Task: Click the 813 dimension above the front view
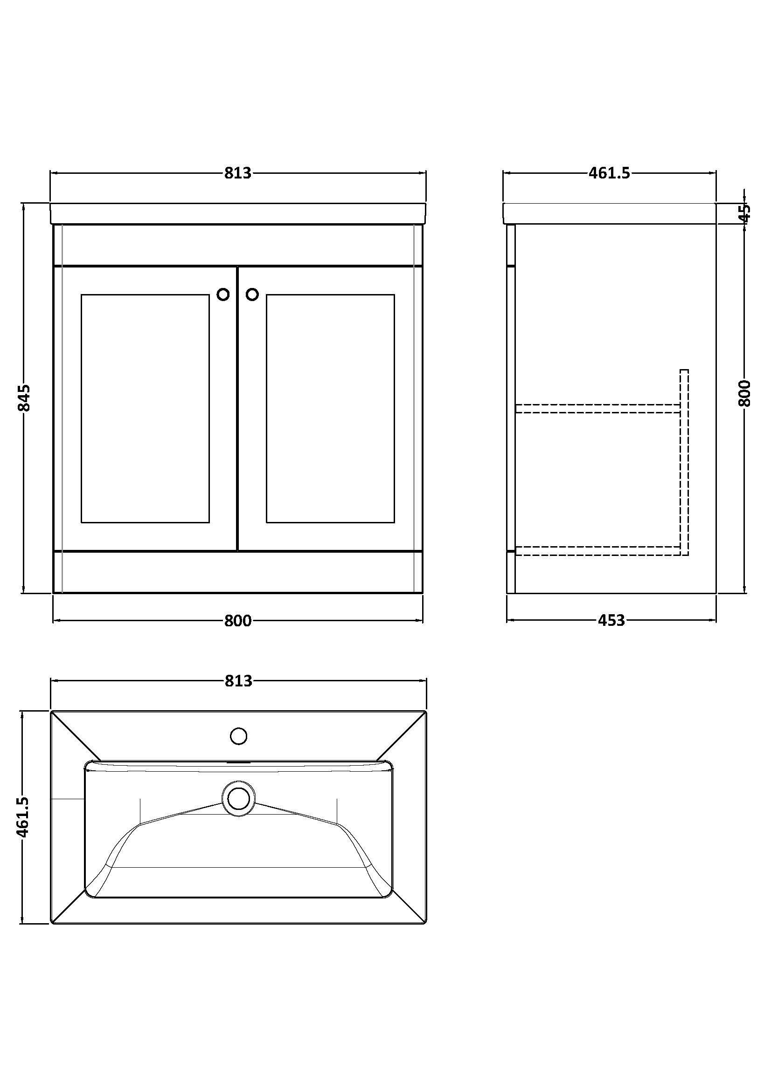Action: coord(237,173)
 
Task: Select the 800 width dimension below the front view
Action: coord(237,620)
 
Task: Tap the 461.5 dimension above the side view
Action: coord(610,173)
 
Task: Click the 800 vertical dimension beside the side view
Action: coord(744,393)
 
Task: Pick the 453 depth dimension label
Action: coord(611,620)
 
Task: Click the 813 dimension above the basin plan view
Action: coord(238,681)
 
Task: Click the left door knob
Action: coord(223,295)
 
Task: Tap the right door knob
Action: coord(252,295)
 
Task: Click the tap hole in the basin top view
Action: coord(238,736)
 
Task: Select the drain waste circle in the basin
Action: coord(238,799)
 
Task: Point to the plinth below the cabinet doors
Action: coord(237,572)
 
